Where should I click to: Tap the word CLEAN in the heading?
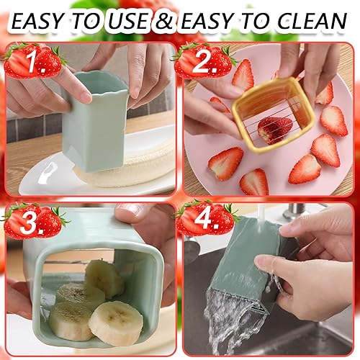[312, 21]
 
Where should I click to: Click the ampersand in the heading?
[164, 21]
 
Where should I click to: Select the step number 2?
[206, 62]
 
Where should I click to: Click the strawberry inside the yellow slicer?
[274, 130]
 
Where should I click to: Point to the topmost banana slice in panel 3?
[105, 279]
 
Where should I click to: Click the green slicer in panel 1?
[95, 122]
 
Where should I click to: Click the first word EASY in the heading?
[37, 21]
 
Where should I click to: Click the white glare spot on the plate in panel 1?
[49, 171]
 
